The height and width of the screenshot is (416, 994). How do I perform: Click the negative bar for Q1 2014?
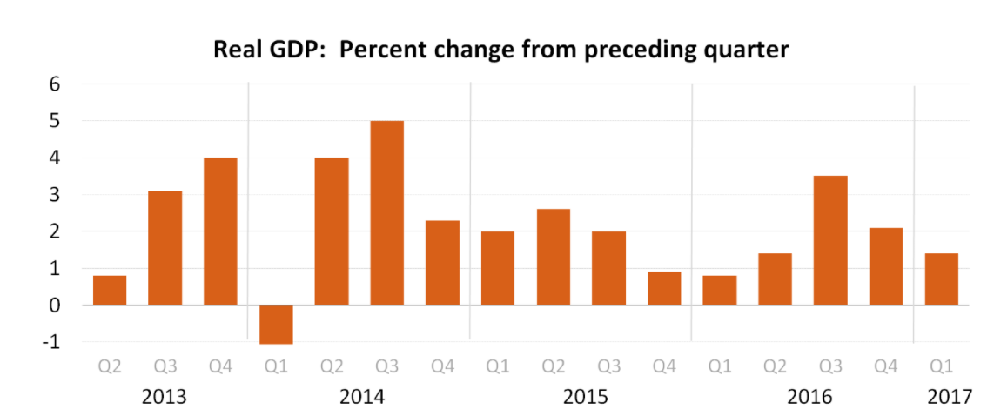(276, 325)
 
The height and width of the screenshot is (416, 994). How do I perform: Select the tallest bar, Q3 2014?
(387, 213)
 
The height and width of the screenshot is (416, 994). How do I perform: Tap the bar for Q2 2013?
(110, 291)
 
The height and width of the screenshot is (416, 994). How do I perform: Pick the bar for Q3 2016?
(830, 241)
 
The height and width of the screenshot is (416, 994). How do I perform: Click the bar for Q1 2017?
(941, 279)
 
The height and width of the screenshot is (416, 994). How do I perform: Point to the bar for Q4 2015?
(664, 289)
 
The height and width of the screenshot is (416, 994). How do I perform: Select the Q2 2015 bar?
(554, 258)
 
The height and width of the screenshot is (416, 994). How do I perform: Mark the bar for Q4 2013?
(220, 231)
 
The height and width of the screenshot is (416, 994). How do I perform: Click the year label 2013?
(165, 397)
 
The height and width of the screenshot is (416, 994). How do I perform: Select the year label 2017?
(949, 397)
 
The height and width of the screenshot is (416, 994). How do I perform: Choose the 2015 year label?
(586, 397)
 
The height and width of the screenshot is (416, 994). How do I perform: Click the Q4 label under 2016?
(886, 366)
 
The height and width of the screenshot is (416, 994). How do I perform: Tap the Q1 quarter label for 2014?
(276, 366)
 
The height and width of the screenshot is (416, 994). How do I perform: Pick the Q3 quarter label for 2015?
(608, 366)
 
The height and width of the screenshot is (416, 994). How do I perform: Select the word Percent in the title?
(380, 50)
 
